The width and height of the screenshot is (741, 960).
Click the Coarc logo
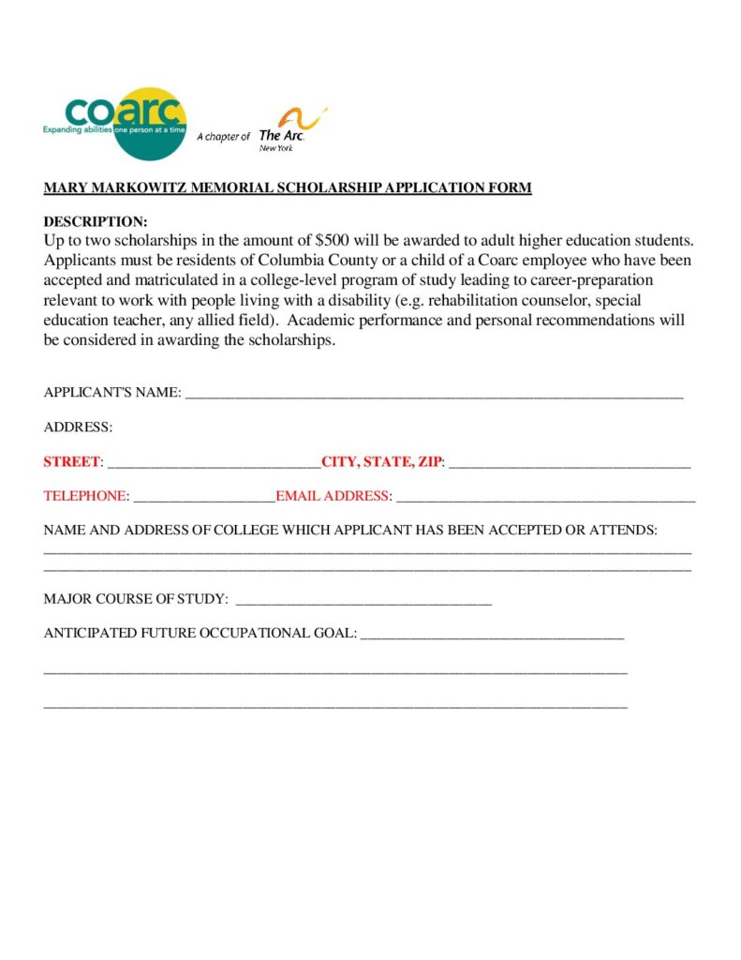pos(114,123)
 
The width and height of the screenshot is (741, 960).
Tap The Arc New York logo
pos(291,129)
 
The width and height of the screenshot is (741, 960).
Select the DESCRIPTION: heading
pos(96,222)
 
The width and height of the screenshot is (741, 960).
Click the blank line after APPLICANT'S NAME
pos(434,394)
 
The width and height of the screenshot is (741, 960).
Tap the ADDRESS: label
pos(78,427)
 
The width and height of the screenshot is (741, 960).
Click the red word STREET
pos(71,462)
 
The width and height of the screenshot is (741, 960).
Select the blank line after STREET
pos(215,463)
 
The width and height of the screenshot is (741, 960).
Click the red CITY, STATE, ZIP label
pos(381,462)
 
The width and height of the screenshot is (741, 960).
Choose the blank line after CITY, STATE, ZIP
pos(570,463)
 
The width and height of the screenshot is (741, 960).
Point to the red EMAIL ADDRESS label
pos(333,496)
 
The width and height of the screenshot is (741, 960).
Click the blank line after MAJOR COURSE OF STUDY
pos(363,600)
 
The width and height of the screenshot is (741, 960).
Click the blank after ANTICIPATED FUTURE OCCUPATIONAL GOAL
pos(492,635)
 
